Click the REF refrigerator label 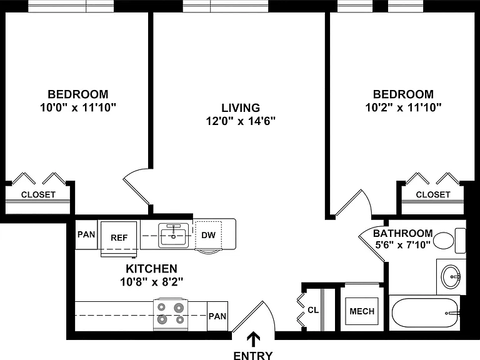click(119, 238)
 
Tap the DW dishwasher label click(209, 235)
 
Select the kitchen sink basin click(173, 236)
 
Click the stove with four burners click(171, 314)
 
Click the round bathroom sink click(451, 276)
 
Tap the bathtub click(424, 313)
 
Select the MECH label click(362, 311)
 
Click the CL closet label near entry click(313, 310)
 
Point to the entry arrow click(254, 340)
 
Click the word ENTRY click(253, 356)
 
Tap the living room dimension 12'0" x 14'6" click(241, 121)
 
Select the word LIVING click(241, 107)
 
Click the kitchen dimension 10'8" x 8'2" click(151, 282)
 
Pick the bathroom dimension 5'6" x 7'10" click(403, 245)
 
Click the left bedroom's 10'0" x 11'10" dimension click(78, 107)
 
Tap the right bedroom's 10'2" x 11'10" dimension click(404, 107)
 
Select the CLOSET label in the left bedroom click(38, 195)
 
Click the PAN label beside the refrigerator click(86, 234)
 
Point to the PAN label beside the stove click(217, 316)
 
